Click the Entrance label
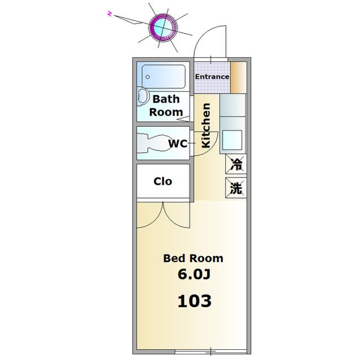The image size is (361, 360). [x=212, y=77]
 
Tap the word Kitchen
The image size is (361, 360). [x=206, y=126]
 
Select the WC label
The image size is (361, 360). [x=178, y=144]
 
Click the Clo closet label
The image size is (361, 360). [x=163, y=181]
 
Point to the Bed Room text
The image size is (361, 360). [x=193, y=258]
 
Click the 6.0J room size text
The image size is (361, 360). [x=194, y=274]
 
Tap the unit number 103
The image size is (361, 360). [x=195, y=301]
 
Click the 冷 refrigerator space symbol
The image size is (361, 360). [x=236, y=164]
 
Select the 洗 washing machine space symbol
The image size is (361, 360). [x=236, y=188]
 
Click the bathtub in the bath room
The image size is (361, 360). [x=164, y=77]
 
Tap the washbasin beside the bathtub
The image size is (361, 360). [x=143, y=96]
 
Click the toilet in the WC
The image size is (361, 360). [x=153, y=143]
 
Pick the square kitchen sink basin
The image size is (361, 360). [x=232, y=140]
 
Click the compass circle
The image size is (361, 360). [x=163, y=28]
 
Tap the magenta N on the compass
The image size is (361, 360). [x=110, y=14]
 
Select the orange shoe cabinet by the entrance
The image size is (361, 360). [x=239, y=78]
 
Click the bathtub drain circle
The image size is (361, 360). [x=148, y=77]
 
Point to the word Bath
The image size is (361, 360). [x=166, y=99]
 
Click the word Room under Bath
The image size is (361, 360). [x=166, y=112]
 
